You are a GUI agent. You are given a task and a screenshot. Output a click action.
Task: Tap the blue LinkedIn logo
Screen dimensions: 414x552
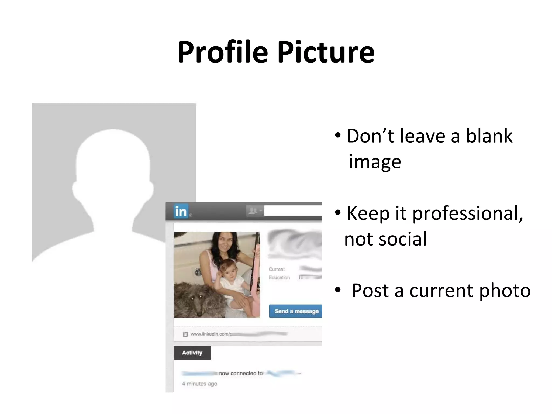pyautogui.click(x=181, y=211)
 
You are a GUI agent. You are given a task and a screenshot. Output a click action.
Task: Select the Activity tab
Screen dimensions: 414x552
pyautogui.click(x=192, y=353)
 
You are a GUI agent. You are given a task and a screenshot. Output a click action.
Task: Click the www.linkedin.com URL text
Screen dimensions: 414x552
pyautogui.click(x=210, y=334)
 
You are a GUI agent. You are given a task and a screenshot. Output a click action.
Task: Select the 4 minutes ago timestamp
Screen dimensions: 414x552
pyautogui.click(x=199, y=384)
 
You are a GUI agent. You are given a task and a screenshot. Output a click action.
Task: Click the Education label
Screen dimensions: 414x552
pyautogui.click(x=279, y=277)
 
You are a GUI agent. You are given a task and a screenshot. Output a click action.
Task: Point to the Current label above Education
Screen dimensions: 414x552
pyautogui.click(x=277, y=269)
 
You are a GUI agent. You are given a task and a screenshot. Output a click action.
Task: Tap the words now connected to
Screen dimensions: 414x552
pyautogui.click(x=241, y=373)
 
